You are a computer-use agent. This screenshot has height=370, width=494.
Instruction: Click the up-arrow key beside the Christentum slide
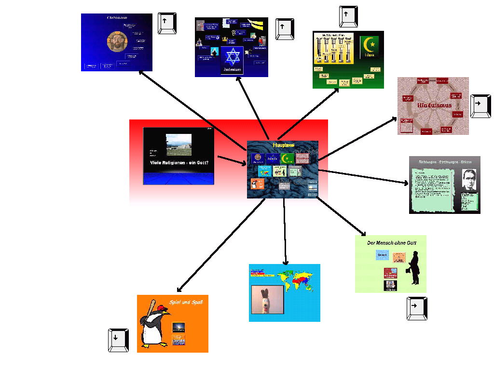(167, 23)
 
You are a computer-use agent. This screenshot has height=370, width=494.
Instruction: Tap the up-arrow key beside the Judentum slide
(285, 29)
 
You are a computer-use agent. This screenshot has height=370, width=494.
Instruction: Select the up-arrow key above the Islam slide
(348, 16)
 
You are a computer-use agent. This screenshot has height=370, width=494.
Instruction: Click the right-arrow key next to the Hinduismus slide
(480, 106)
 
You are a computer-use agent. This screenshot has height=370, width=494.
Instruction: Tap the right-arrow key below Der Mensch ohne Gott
(417, 308)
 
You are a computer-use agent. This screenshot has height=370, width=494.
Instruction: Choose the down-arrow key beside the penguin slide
(118, 340)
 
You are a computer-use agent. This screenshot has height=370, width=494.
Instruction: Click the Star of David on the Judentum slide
(232, 57)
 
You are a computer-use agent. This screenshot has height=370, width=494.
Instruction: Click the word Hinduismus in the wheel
(434, 105)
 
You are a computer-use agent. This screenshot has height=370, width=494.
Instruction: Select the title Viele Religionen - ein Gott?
(179, 163)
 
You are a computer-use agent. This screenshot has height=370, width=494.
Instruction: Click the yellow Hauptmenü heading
(283, 145)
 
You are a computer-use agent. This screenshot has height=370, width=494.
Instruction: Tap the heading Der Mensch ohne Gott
(391, 243)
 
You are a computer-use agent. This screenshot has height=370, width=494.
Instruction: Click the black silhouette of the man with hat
(413, 269)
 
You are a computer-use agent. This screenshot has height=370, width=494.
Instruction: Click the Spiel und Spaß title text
(186, 302)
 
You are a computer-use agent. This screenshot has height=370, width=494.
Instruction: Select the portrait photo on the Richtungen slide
(469, 180)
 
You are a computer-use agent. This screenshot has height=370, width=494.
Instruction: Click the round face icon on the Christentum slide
(116, 42)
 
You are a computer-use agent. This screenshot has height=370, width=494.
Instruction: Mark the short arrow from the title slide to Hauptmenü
(232, 160)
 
